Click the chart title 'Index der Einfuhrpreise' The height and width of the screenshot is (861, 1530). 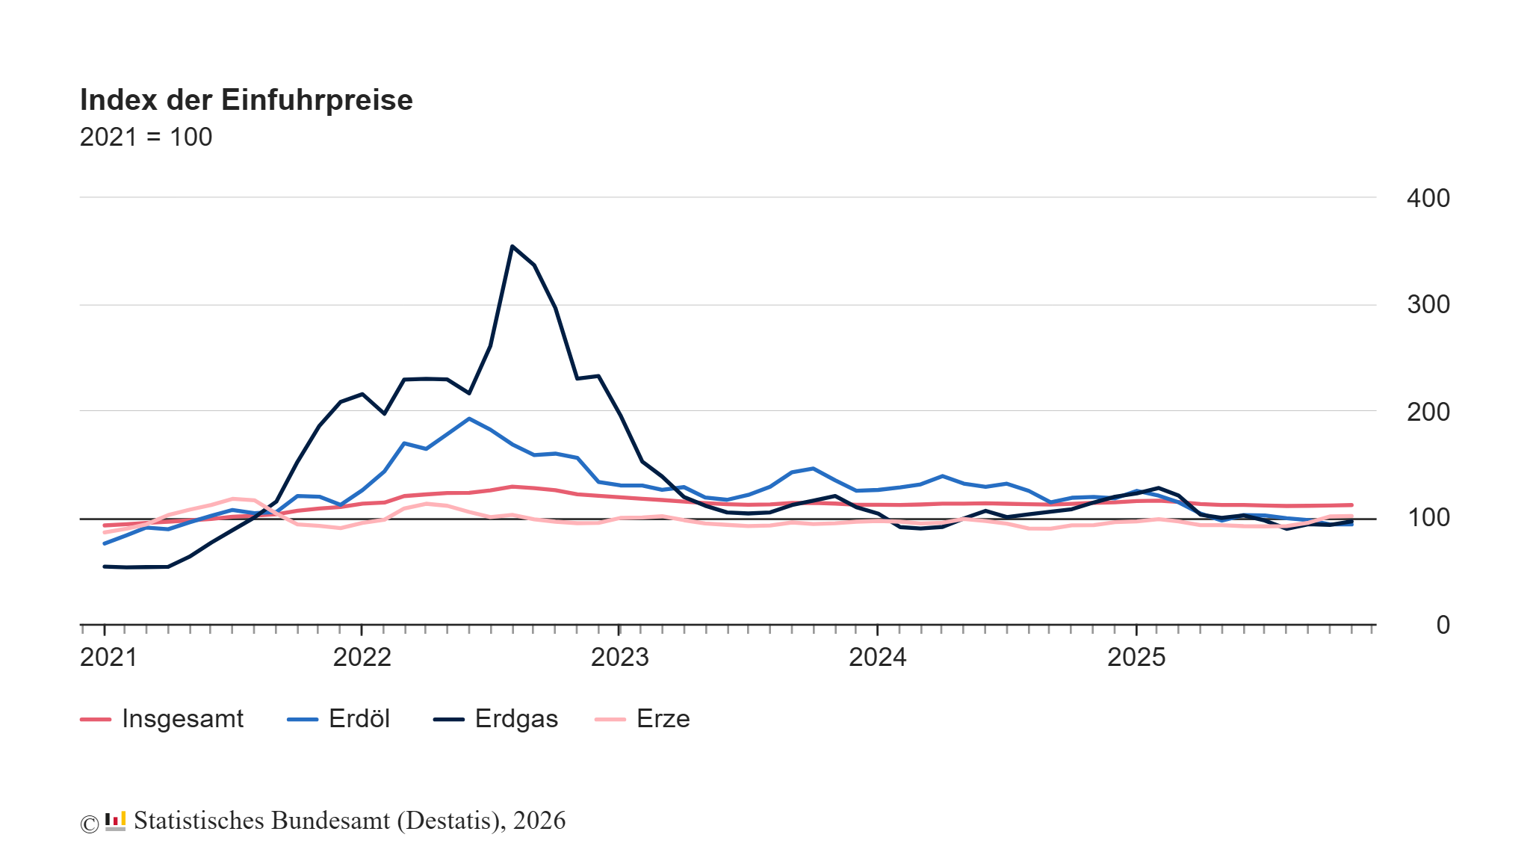[246, 100]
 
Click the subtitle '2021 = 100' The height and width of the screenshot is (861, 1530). [146, 138]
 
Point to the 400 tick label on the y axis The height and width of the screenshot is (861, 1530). [1428, 198]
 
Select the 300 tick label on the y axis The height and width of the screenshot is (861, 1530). [1428, 305]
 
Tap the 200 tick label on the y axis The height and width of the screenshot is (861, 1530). [1428, 412]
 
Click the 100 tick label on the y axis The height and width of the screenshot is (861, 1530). [1428, 517]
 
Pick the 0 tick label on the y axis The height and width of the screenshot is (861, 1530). [1443, 625]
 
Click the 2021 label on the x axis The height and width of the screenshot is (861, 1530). [108, 658]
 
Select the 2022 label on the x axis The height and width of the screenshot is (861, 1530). [362, 658]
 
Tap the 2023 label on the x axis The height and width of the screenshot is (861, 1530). [619, 658]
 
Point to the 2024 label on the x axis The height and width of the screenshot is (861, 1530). [877, 658]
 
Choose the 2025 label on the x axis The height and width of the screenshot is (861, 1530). [1136, 658]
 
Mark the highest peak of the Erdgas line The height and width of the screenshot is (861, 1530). [512, 246]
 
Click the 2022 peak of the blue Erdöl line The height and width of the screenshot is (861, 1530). [468, 419]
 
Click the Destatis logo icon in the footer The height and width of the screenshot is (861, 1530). [115, 821]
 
